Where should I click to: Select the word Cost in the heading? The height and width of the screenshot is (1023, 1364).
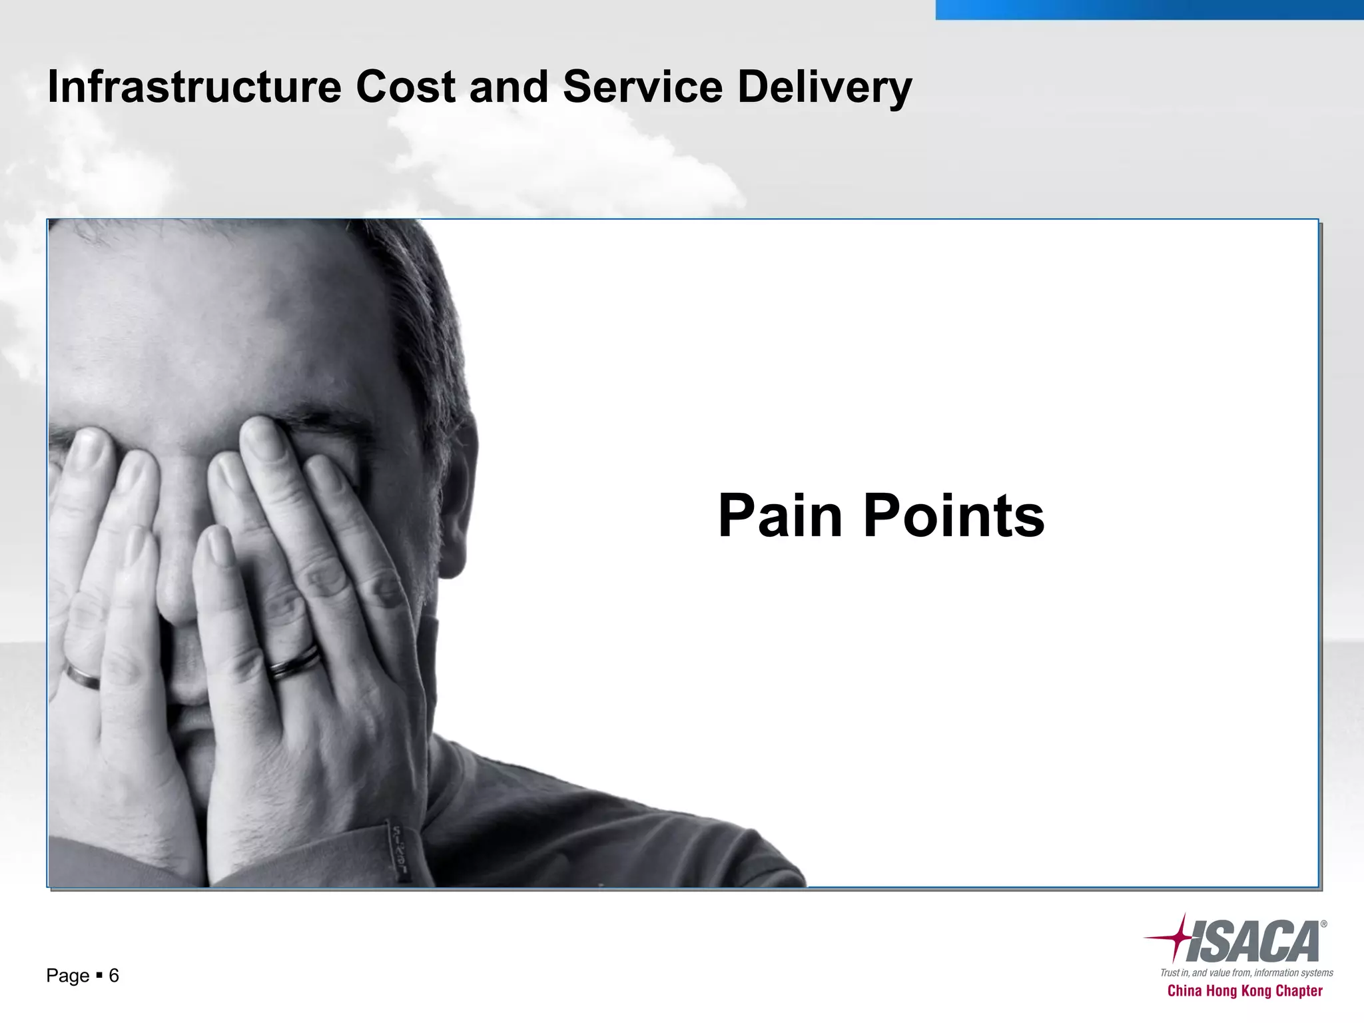[406, 87]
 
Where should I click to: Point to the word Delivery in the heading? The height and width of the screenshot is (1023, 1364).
[825, 88]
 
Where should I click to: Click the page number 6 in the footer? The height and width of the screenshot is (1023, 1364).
[114, 976]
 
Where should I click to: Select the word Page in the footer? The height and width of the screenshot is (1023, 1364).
[67, 976]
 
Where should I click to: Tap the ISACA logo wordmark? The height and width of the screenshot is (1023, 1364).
[1252, 942]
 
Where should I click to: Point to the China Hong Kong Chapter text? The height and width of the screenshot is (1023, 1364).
[1245, 991]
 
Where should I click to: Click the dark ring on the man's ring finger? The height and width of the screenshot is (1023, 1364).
[294, 662]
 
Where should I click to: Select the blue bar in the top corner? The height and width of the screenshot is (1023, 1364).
[1149, 9]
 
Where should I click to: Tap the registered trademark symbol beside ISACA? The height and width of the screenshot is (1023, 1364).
[1323, 924]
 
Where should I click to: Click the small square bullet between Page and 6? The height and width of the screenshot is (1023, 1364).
[99, 976]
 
